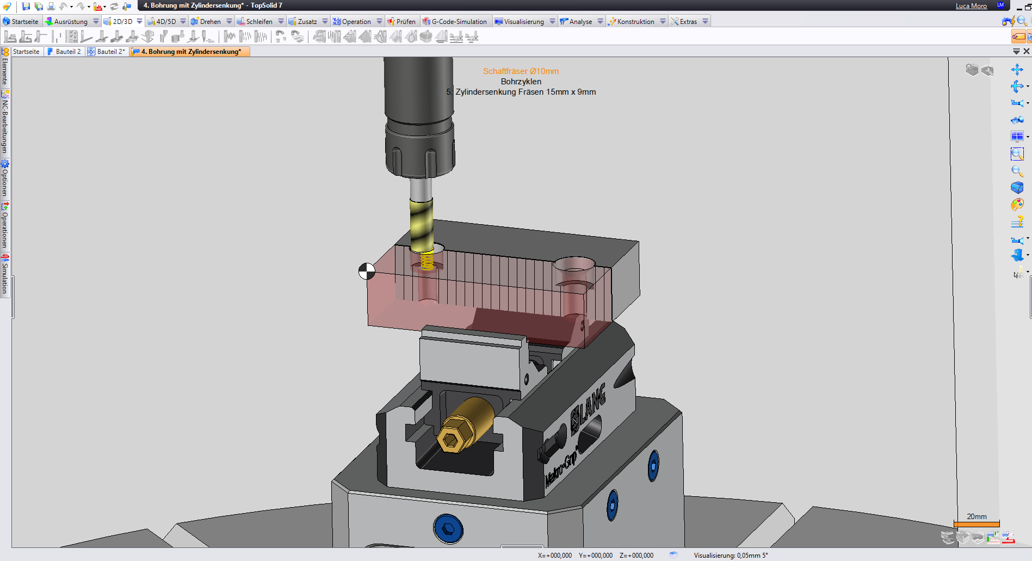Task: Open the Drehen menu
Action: click(x=210, y=22)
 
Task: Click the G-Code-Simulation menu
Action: click(x=459, y=22)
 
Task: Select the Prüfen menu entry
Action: click(x=405, y=22)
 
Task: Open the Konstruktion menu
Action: click(x=635, y=22)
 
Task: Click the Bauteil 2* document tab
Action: click(x=110, y=52)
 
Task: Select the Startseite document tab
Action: click(x=26, y=52)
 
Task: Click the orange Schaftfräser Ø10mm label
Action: click(x=521, y=71)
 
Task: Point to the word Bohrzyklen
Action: click(x=521, y=82)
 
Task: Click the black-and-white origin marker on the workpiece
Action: click(x=367, y=271)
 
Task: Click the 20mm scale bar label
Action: click(x=977, y=516)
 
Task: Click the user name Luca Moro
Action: click(x=971, y=6)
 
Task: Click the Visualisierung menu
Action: click(x=523, y=22)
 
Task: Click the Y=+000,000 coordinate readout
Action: click(x=595, y=556)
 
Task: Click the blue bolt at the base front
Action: click(x=448, y=528)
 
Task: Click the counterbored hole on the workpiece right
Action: click(x=573, y=267)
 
